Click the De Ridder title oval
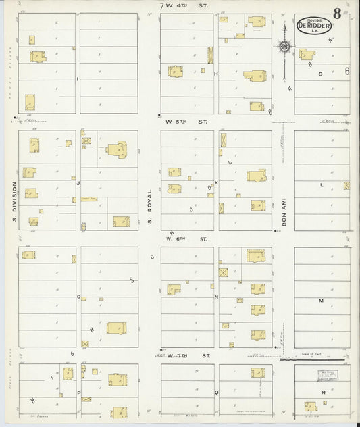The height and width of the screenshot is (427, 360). [312, 25]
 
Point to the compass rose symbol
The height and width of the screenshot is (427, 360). [284, 47]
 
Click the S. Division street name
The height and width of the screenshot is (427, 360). [13, 200]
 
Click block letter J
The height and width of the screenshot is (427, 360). [78, 182]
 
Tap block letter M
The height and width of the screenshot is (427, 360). [322, 299]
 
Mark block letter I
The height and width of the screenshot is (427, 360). [78, 79]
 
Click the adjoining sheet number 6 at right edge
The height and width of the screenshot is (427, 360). [346, 71]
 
